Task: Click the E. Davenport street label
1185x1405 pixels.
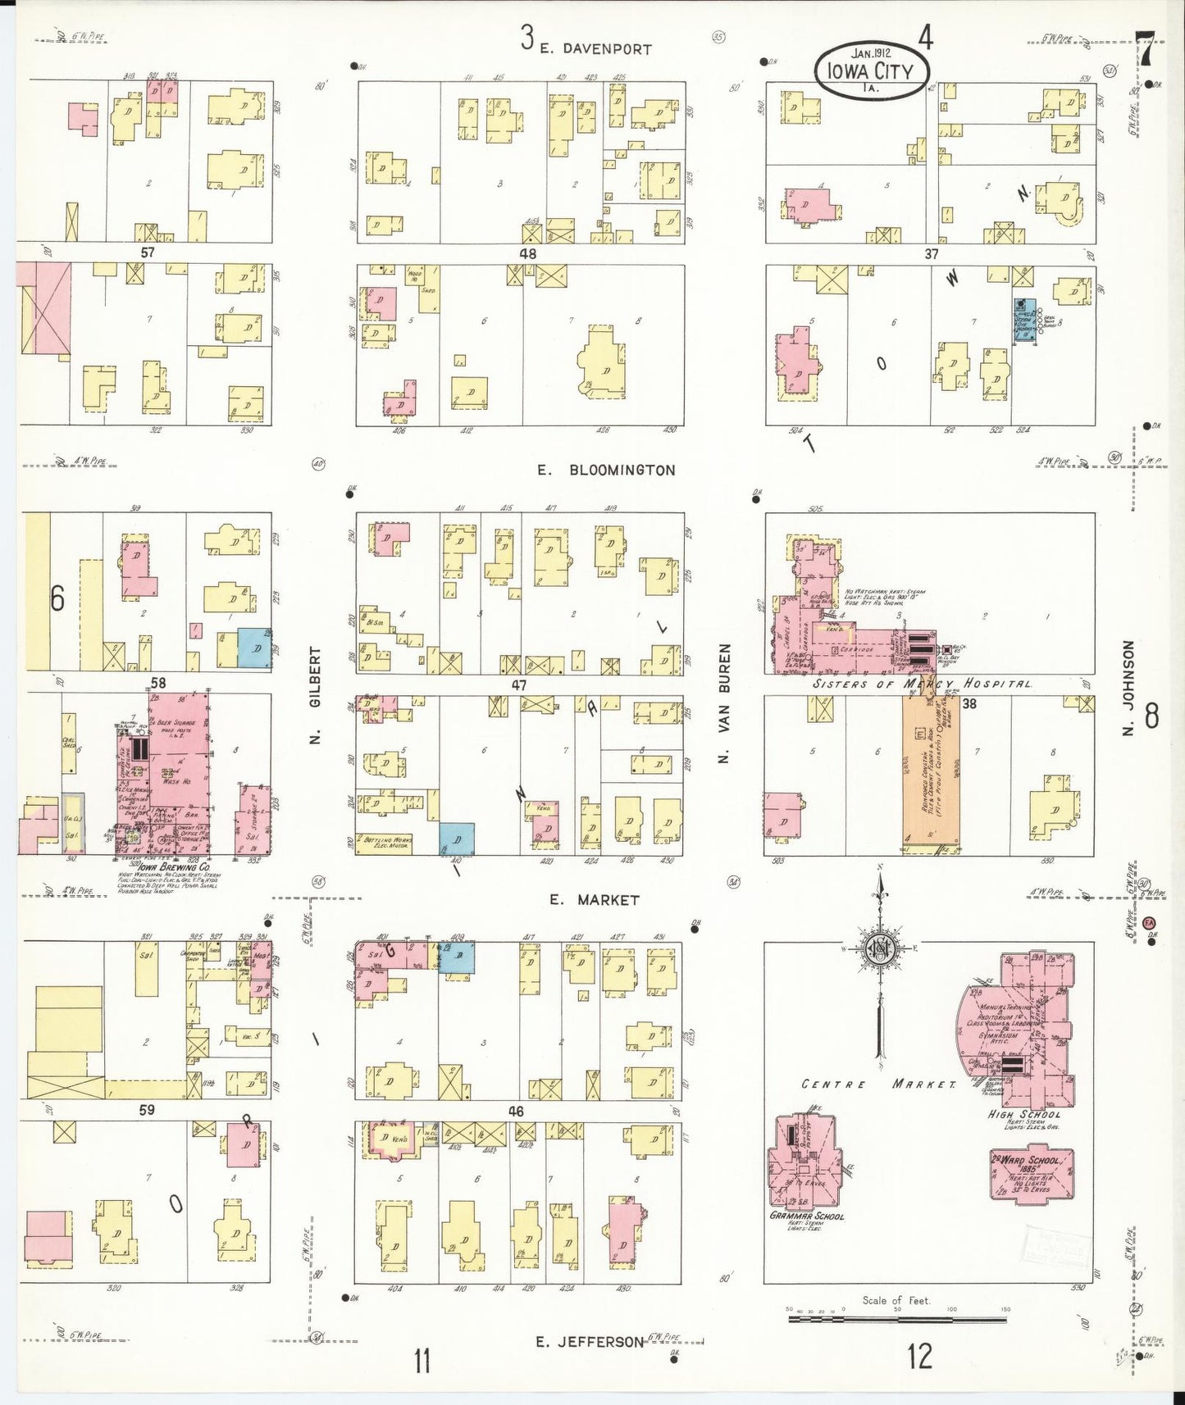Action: pyautogui.click(x=596, y=49)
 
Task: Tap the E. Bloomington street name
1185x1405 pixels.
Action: pyautogui.click(x=607, y=471)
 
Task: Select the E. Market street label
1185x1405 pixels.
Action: pyautogui.click(x=595, y=900)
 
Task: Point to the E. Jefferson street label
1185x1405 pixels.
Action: pyautogui.click(x=590, y=1342)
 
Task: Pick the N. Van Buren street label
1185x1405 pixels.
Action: pyautogui.click(x=723, y=704)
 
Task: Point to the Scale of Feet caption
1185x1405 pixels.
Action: pyautogui.click(x=896, y=1301)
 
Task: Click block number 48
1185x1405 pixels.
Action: pyautogui.click(x=527, y=254)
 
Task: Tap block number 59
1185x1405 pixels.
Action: pyautogui.click(x=147, y=1111)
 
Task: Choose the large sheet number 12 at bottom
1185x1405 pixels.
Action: pyautogui.click(x=919, y=1357)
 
